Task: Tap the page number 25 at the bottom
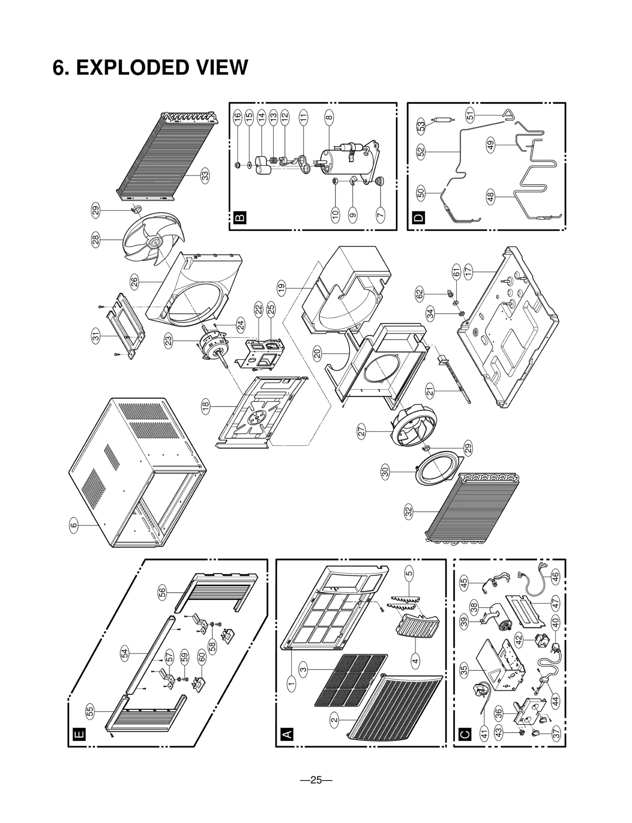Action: pyautogui.click(x=316, y=780)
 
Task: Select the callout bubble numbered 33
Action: pyautogui.click(x=205, y=175)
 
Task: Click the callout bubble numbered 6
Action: pyautogui.click(x=73, y=525)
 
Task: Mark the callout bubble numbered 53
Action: pyautogui.click(x=421, y=126)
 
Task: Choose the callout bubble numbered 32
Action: pyautogui.click(x=409, y=512)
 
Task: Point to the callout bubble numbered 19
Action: pyautogui.click(x=281, y=288)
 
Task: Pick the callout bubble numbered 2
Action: pyautogui.click(x=335, y=719)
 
